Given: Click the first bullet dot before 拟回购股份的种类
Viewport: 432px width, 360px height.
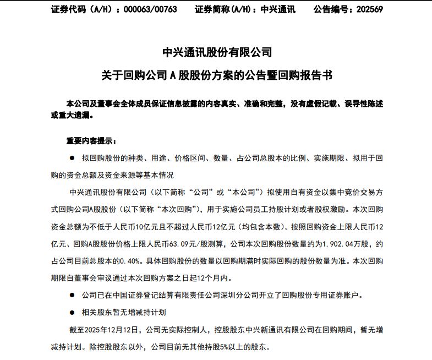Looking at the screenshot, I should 72,158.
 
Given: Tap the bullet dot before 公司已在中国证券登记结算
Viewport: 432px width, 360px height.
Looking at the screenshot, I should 72,295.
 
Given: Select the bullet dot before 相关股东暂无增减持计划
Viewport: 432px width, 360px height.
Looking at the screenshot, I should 72,312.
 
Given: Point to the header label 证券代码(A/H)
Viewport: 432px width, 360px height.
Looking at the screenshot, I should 78,9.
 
